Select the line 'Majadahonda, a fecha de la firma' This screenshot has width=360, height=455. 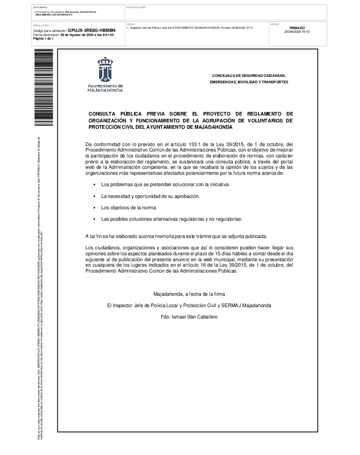point(189,294)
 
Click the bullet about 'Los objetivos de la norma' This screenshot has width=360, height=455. point(129,207)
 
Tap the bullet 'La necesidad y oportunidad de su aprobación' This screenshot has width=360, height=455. point(150,196)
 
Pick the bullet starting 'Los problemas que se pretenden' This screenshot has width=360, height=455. point(166,184)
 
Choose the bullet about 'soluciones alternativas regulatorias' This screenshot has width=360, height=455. point(172,219)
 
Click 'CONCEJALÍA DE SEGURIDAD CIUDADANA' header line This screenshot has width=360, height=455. point(249,75)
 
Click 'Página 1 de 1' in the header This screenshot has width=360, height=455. point(44,39)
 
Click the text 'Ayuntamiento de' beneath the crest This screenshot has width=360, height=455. point(105,86)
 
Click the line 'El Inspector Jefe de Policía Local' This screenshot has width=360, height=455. point(189,305)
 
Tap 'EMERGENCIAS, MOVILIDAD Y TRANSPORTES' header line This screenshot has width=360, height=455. point(249,82)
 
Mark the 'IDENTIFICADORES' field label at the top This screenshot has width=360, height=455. point(136,7)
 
